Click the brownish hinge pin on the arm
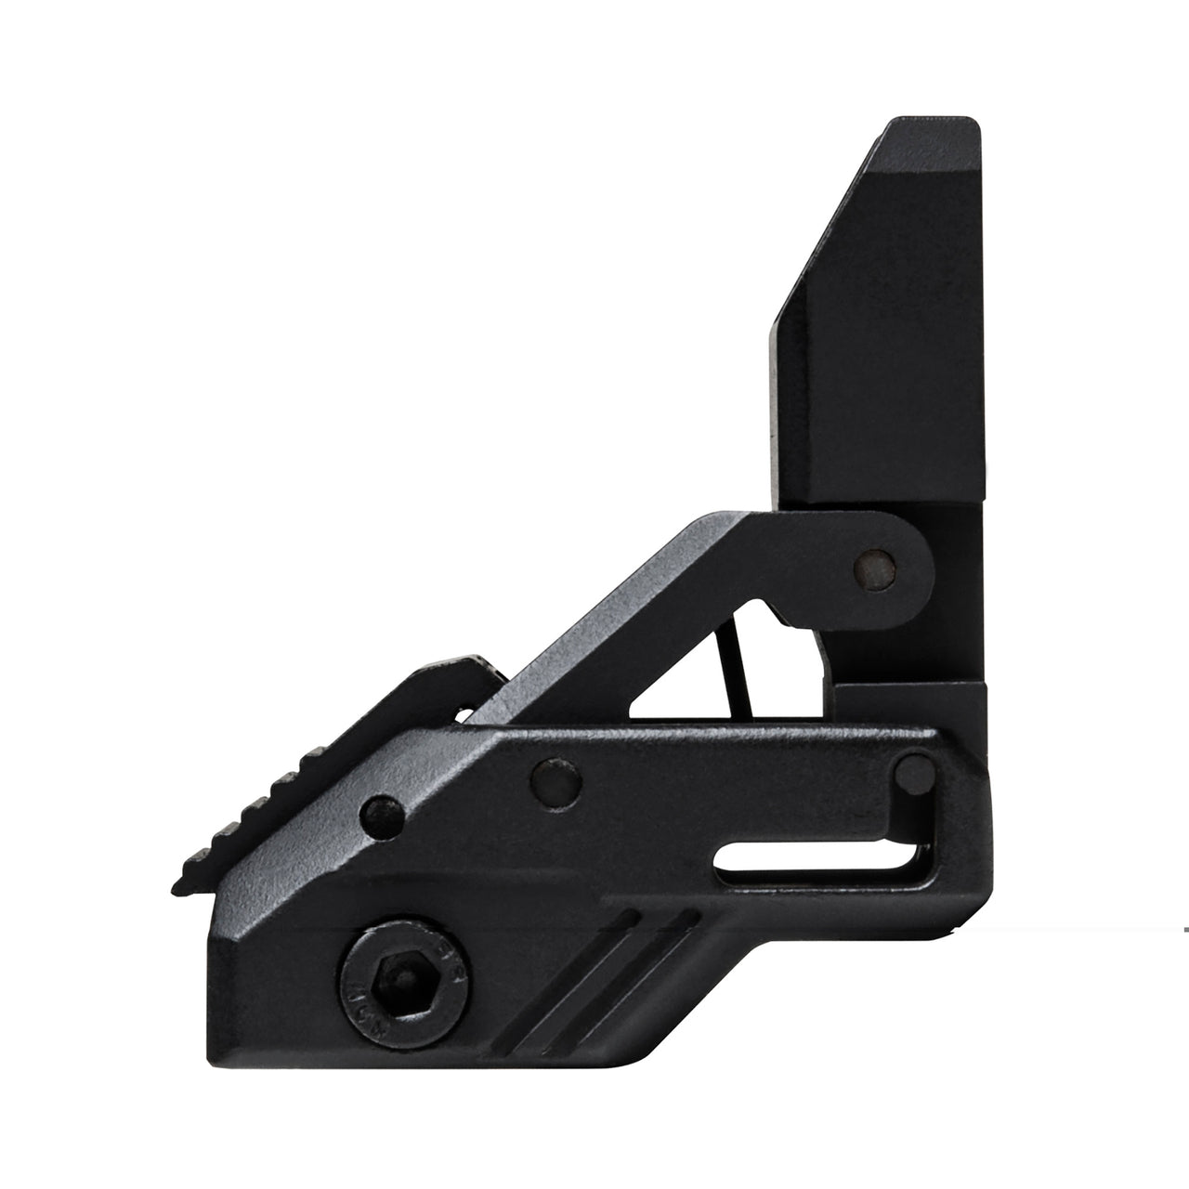pos(874,562)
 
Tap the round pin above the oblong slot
pos(917,768)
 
